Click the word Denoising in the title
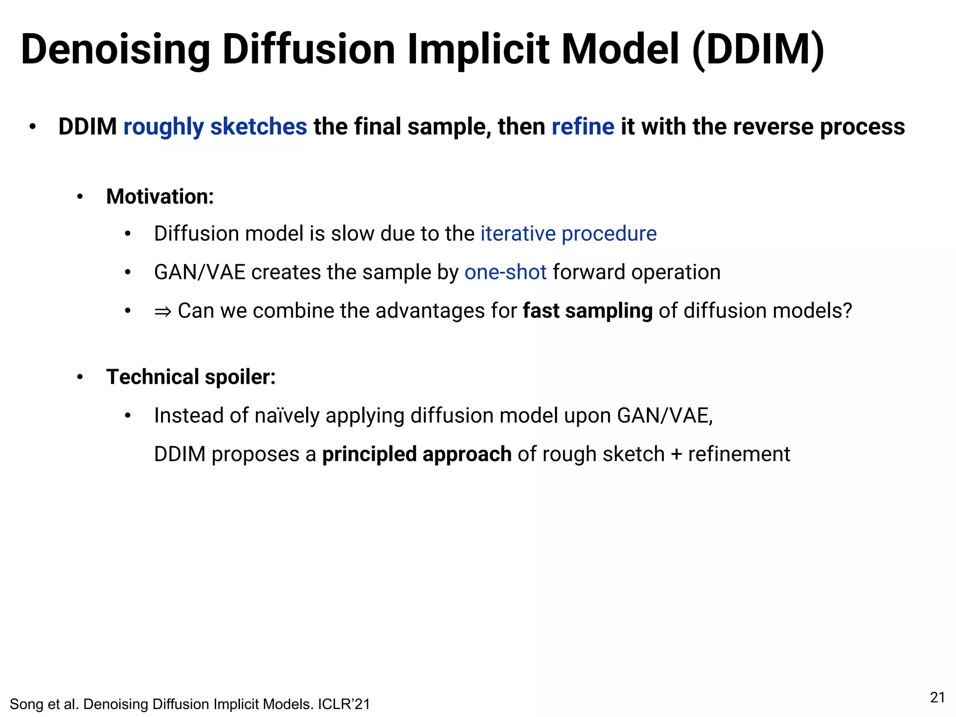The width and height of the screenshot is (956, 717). [x=116, y=50]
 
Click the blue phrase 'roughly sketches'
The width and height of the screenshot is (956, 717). [x=215, y=127]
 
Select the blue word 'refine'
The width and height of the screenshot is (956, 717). [x=583, y=127]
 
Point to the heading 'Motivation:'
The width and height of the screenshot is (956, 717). [x=160, y=197]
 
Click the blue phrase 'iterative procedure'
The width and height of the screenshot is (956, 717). [x=569, y=234]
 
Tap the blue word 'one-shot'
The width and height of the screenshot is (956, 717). [x=506, y=272]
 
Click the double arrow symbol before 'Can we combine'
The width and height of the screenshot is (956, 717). [x=163, y=311]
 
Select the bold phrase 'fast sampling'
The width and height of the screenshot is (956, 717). [x=587, y=311]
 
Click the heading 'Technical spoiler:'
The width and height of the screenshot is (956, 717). [x=191, y=377]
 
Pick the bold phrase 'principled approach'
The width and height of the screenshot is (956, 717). [x=417, y=454]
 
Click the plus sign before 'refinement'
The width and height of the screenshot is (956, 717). [x=676, y=455]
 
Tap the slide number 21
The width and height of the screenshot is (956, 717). [x=937, y=697]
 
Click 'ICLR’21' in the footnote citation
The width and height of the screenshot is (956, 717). [x=344, y=704]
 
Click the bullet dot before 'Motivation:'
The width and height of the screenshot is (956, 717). [x=80, y=197]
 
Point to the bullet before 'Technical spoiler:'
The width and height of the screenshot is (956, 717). [x=80, y=377]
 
